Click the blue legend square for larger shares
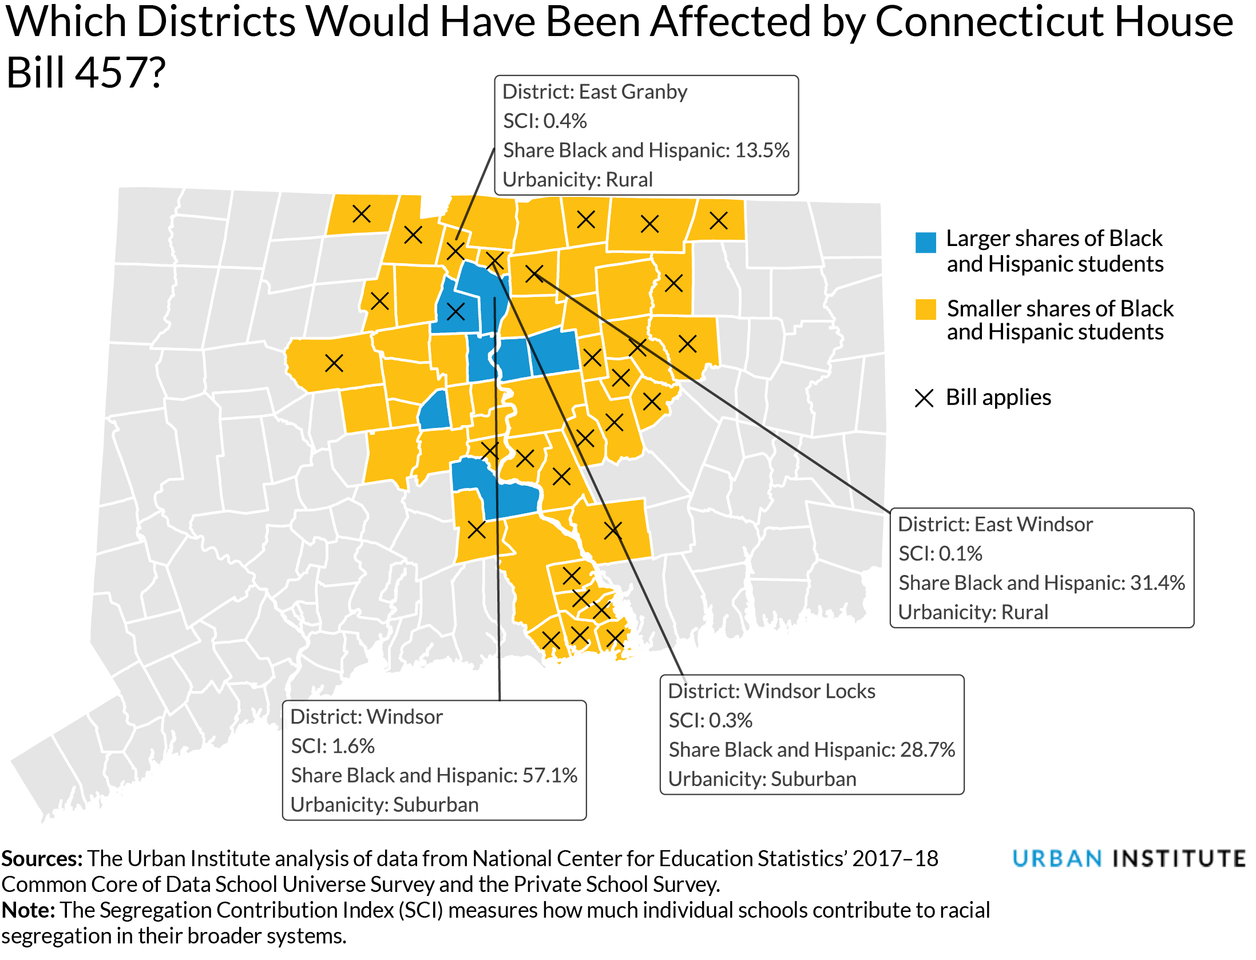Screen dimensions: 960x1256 tap(925, 243)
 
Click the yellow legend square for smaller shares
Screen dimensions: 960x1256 tap(925, 310)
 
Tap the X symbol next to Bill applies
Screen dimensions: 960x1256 tap(924, 398)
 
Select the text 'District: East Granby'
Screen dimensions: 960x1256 tap(595, 92)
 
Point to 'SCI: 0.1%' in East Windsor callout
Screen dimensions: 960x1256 tap(940, 554)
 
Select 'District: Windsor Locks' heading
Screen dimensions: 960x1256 tap(771, 692)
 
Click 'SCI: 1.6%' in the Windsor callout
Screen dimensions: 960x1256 tap(332, 747)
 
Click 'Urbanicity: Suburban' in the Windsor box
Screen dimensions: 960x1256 tap(385, 805)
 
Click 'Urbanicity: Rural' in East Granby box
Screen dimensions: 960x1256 tap(577, 180)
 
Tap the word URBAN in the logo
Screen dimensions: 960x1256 tap(1057, 859)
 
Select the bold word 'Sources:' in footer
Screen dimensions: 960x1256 tap(42, 859)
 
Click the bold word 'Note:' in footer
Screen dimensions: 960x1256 tap(28, 910)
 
